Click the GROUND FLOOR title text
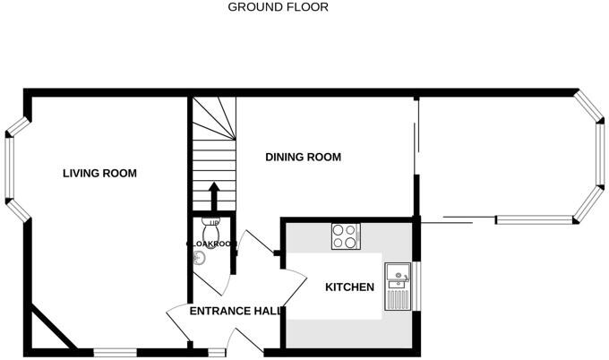point(278,7)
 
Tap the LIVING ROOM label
point(99,173)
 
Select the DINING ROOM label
point(304,157)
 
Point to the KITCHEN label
point(348,287)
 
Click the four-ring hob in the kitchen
point(346,236)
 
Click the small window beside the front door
point(216,350)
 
